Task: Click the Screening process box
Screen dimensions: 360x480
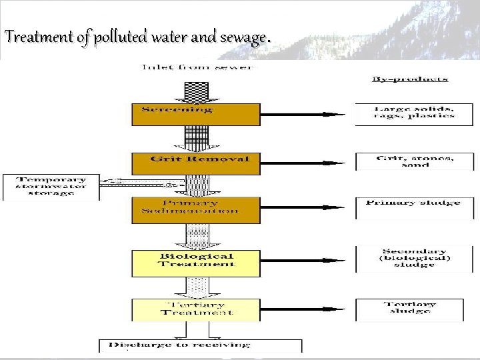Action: [195, 114]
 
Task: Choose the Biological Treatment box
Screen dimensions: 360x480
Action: [195, 263]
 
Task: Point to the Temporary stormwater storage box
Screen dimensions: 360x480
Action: [51, 187]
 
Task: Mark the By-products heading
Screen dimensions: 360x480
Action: [409, 79]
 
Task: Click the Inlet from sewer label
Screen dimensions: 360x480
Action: [196, 67]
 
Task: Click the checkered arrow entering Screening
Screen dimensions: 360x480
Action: [196, 88]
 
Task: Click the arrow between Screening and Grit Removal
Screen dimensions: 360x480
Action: [196, 139]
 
